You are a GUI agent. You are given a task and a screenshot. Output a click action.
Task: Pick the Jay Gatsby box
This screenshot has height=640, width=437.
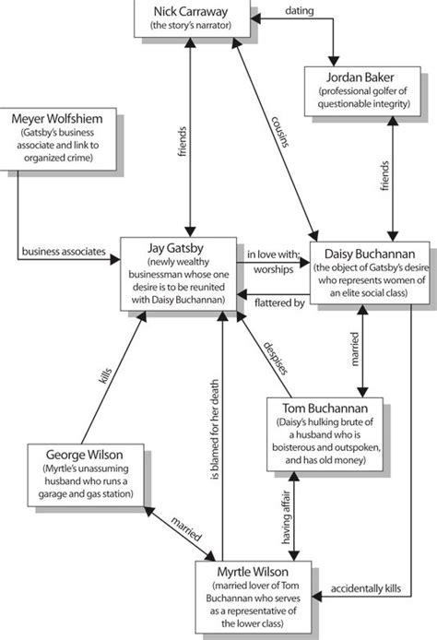click(x=181, y=268)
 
